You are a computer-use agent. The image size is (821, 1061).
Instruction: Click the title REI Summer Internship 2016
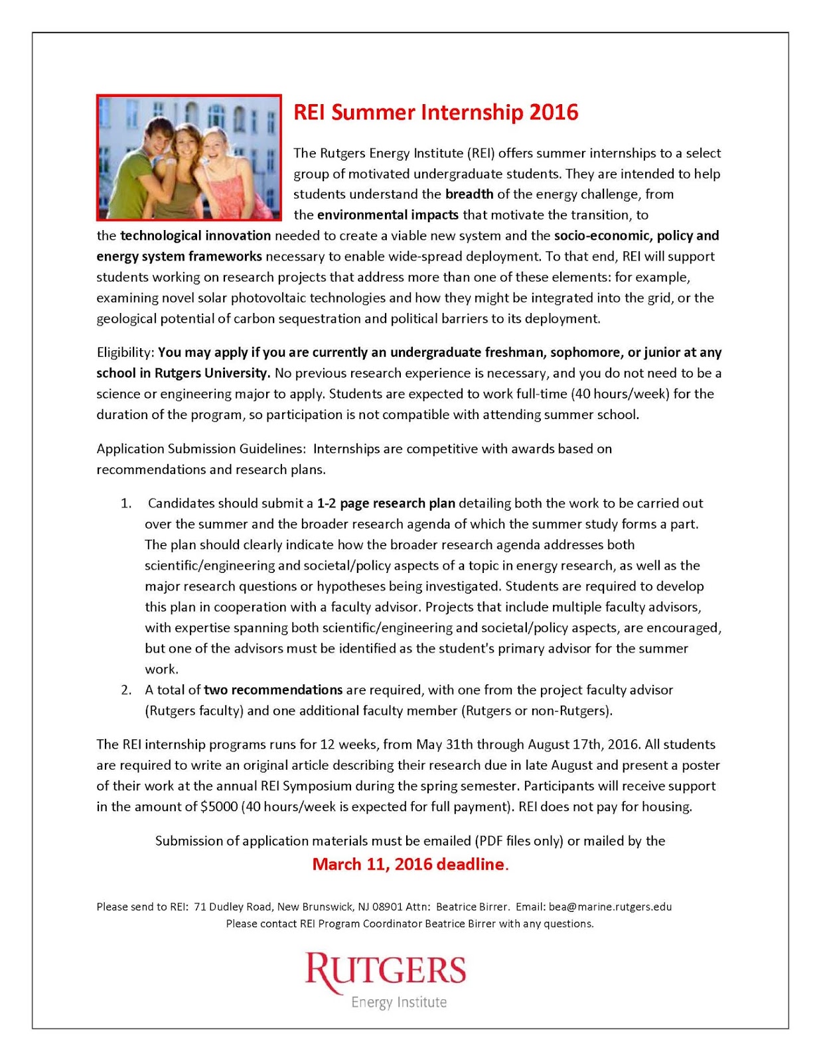tap(435, 112)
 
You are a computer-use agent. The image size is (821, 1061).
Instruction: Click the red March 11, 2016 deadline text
tap(409, 864)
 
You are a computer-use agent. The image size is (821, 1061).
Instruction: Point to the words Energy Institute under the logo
tap(399, 1002)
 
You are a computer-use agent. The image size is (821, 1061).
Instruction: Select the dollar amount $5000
tap(218, 806)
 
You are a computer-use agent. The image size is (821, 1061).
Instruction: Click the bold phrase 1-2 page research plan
tap(386, 503)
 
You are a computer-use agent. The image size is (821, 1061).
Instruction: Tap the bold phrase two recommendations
tap(273, 690)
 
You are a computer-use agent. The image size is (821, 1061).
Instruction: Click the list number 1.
tap(126, 503)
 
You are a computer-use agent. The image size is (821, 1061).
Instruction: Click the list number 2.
tap(126, 690)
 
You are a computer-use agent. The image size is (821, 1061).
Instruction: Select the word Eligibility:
tap(125, 352)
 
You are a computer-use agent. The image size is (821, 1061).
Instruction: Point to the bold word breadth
tap(469, 194)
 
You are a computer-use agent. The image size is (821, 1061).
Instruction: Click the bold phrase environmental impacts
tap(388, 215)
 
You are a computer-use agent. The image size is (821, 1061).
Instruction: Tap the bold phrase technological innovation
tap(195, 235)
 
